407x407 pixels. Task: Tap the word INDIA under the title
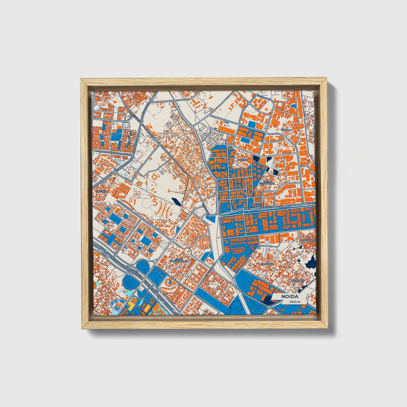294,302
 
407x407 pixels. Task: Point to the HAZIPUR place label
102,192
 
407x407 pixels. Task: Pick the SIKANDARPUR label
308,240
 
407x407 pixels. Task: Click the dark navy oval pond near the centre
175,201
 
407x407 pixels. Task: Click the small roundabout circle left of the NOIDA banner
269,307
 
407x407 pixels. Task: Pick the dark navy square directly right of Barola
256,158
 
